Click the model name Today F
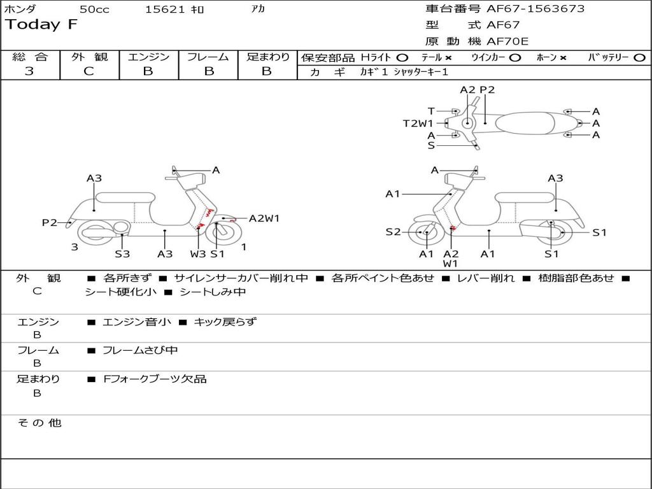[41, 25]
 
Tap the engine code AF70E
[507, 42]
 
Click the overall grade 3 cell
[29, 71]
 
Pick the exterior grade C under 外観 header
[89, 71]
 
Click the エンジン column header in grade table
[148, 57]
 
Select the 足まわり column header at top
[267, 57]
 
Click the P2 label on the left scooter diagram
[50, 222]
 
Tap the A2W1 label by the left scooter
[264, 218]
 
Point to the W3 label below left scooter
[198, 254]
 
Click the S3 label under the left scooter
[122, 254]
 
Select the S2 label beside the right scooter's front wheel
[393, 232]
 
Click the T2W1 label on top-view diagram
[418, 124]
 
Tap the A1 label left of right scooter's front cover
[393, 194]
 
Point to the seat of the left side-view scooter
[125, 197]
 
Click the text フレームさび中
[140, 350]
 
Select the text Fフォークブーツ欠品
[155, 379]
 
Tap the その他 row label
[39, 423]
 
